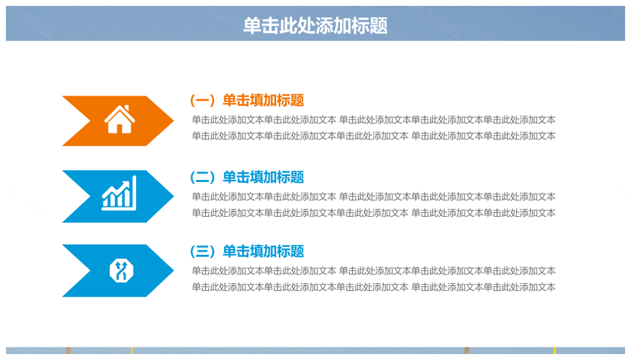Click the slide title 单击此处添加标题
pyautogui.click(x=315, y=26)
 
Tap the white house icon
pyautogui.click(x=120, y=119)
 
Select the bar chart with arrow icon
pyautogui.click(x=119, y=193)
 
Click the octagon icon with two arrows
pyautogui.click(x=121, y=271)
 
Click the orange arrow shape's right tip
pyautogui.click(x=174, y=120)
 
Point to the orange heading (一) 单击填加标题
pyautogui.click(x=246, y=100)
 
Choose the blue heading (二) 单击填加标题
pyautogui.click(x=246, y=177)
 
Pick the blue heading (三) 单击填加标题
pyautogui.click(x=246, y=252)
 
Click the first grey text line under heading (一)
pyautogui.click(x=373, y=120)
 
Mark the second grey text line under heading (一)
pyautogui.click(x=373, y=136)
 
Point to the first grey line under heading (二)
pyautogui.click(x=373, y=196)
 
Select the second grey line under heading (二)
pyautogui.click(x=373, y=213)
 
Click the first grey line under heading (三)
pyautogui.click(x=373, y=271)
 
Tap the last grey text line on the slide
pyautogui.click(x=373, y=287)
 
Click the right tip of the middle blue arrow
pyautogui.click(x=174, y=196)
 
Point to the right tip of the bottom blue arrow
pyautogui.click(x=174, y=271)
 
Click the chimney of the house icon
pyautogui.click(x=127, y=108)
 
